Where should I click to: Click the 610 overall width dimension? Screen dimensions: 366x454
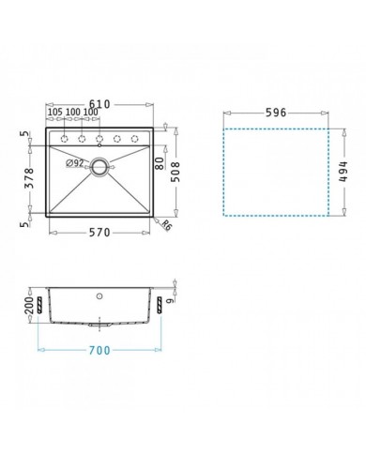99,104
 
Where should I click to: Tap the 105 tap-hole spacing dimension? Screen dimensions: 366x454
55,112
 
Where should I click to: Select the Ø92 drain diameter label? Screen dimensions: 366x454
75,163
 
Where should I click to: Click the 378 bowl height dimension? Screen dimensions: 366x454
29,178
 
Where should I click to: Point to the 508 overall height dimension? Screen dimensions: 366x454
176,172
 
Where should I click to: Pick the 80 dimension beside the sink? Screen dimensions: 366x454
160,163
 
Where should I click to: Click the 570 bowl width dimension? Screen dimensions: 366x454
99,233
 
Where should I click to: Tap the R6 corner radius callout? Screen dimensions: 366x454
167,225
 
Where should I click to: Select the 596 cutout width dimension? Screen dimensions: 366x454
276,113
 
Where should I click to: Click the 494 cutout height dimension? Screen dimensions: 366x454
343,172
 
